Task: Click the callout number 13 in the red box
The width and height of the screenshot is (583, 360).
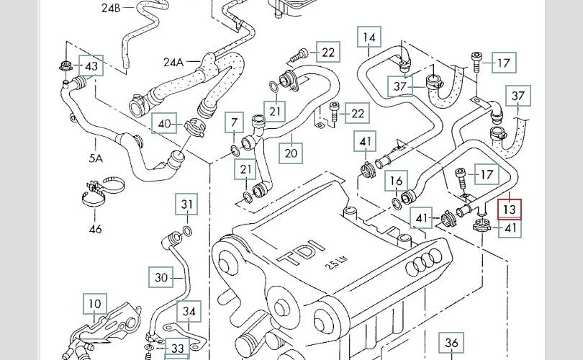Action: coord(510,209)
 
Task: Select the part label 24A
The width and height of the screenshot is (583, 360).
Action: coord(173,62)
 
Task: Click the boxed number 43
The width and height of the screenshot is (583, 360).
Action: coord(91,66)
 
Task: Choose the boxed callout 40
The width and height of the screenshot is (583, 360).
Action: coord(166,124)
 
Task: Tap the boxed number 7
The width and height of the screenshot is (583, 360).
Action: coord(234,122)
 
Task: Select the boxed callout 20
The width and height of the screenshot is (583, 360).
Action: coord(291,152)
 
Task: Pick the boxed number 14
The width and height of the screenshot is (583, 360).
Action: coord(369,37)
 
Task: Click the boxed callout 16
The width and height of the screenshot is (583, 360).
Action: coord(396,180)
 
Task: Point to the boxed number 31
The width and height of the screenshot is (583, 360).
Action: coord(187,204)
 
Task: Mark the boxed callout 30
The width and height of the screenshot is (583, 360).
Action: coord(161,276)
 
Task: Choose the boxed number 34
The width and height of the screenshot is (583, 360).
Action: coord(189,312)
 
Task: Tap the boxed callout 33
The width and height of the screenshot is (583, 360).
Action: coord(176,348)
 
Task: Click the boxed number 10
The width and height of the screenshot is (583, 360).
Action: coord(95,304)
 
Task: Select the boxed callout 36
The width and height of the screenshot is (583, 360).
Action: coord(451,343)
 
